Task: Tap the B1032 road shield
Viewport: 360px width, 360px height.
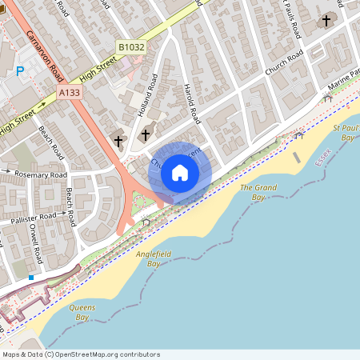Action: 131,47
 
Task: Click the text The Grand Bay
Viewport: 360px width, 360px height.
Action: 258,192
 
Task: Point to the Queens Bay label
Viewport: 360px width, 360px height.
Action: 83,312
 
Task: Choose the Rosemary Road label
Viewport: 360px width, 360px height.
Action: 38,174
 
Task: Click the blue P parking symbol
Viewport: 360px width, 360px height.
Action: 20,71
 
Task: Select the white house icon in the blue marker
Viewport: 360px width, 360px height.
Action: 180,173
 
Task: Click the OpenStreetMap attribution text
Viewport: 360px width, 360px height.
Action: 81,354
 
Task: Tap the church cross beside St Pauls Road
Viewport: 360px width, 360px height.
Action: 326,20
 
